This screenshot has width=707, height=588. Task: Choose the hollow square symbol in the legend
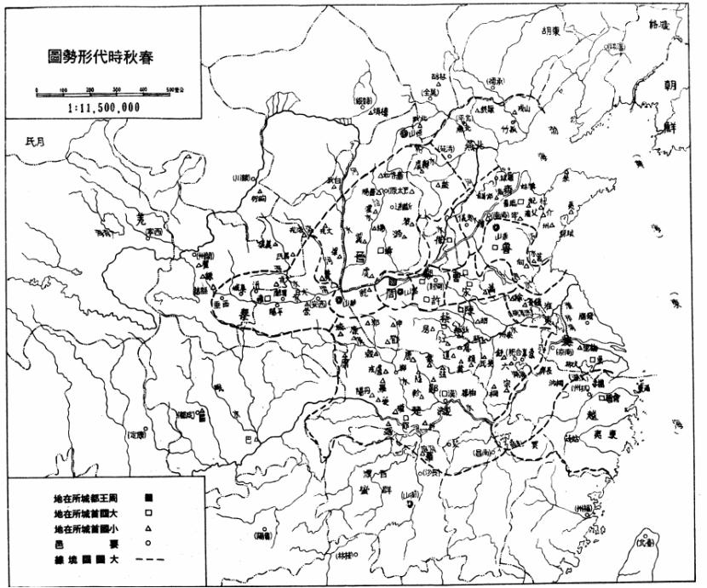(148, 513)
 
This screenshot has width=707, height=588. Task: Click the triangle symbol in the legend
(148, 529)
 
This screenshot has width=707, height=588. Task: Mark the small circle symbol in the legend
(148, 545)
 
